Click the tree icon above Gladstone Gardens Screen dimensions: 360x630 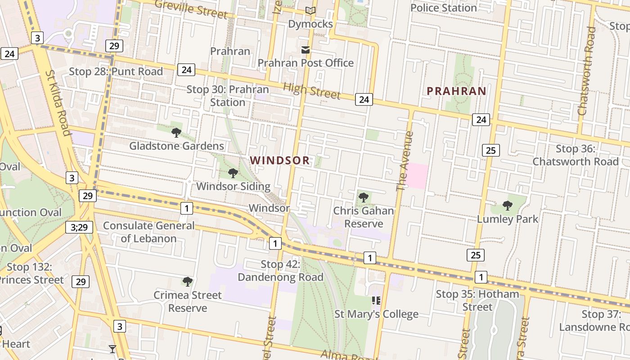coord(176,132)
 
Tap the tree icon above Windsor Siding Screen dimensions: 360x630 coord(233,173)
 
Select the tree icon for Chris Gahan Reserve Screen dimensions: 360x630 coord(364,197)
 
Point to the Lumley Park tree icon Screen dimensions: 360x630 coord(508,206)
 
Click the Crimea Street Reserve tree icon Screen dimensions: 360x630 coord(188,282)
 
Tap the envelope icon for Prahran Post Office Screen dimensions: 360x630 coord(306,50)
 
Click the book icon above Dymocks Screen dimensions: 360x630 coord(310,11)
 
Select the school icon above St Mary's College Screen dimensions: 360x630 coord(376,301)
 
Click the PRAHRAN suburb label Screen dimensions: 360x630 coord(456,91)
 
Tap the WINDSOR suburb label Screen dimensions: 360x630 coord(280,160)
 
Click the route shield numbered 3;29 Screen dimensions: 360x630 coord(79,228)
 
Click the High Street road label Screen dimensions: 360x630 coord(311,91)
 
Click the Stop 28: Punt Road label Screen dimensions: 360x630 coord(116,72)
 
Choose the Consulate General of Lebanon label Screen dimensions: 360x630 coord(149,232)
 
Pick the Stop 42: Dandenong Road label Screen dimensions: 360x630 coord(280,270)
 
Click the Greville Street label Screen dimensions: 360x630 coord(191,9)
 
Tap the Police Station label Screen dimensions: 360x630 coord(443,8)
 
